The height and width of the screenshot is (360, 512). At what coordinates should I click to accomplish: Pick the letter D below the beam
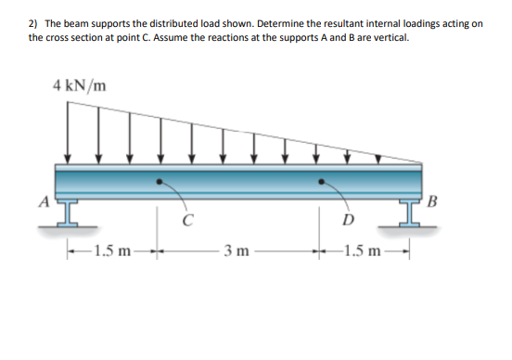[348, 220]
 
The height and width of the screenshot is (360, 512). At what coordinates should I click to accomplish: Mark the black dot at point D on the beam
[322, 182]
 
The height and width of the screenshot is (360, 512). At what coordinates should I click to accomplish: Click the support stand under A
[68, 212]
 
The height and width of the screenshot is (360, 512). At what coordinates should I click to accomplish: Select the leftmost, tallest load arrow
[68, 132]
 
